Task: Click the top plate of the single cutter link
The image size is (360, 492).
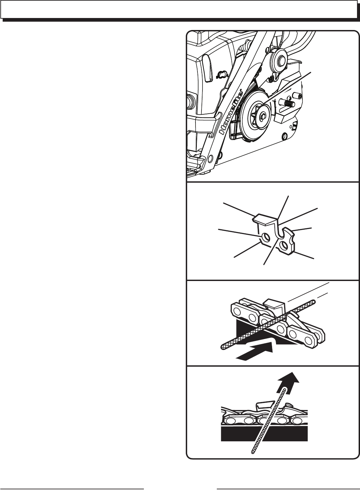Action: pos(265,219)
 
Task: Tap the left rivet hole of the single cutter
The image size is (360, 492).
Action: pos(266,237)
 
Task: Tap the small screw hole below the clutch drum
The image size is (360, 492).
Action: pos(284,136)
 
